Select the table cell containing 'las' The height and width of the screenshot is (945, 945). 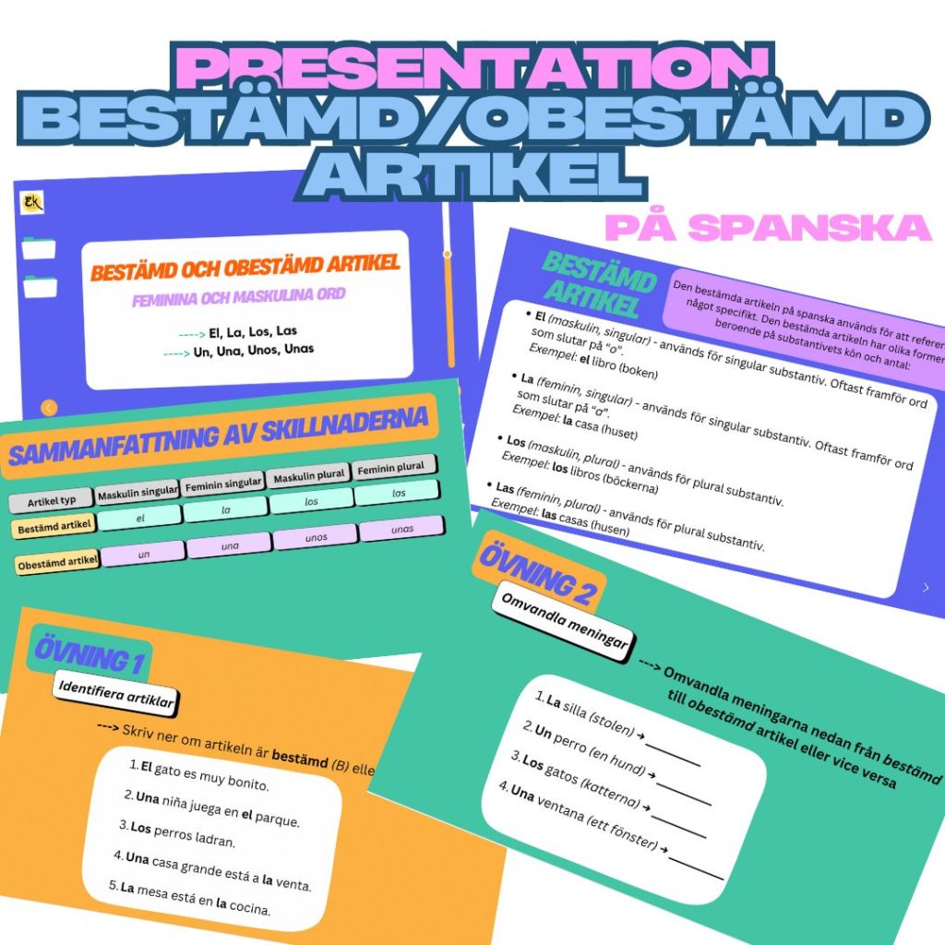(398, 494)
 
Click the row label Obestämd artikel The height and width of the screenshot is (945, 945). (57, 561)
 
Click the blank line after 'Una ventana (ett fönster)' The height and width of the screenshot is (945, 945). (696, 867)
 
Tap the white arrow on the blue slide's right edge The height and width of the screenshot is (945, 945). (926, 587)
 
